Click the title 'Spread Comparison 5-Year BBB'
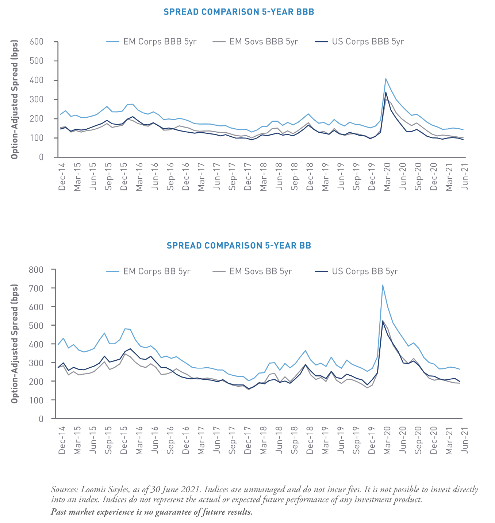239,12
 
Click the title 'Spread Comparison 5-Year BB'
239,246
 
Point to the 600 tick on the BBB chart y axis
37,42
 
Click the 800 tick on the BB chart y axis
37,270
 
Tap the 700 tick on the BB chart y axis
37,288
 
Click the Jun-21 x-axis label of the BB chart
465,441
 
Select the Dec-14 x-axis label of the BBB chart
62,177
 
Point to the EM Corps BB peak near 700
382,285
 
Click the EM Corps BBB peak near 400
386,79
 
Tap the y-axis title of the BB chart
14,343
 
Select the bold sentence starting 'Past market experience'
151,511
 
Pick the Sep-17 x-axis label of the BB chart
232,441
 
